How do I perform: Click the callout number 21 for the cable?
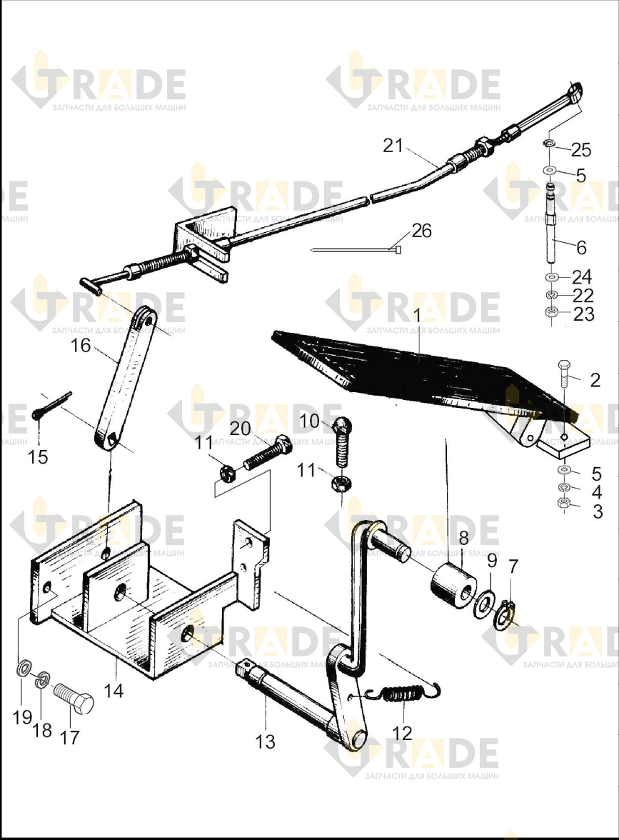393,145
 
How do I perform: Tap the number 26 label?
421,230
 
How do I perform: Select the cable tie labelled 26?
356,250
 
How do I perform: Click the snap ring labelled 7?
504,616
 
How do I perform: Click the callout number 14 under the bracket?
114,691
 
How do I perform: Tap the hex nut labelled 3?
563,503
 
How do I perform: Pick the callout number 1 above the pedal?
418,316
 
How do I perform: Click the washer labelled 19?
24,669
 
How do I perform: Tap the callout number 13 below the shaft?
266,741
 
